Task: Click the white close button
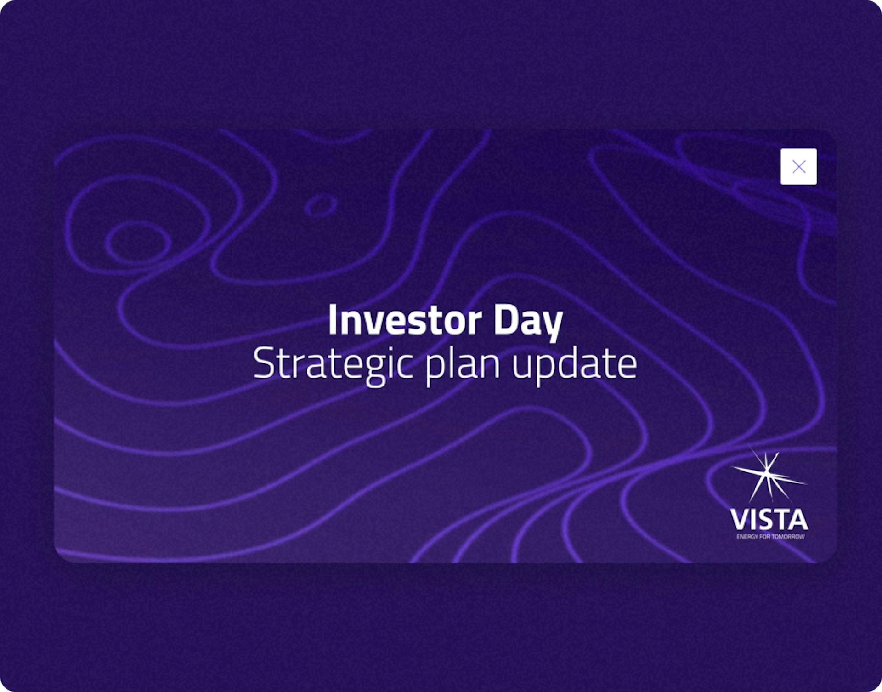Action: coord(798,166)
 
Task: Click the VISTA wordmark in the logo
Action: coord(769,519)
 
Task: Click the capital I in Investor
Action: coord(333,320)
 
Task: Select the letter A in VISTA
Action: coord(798,519)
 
